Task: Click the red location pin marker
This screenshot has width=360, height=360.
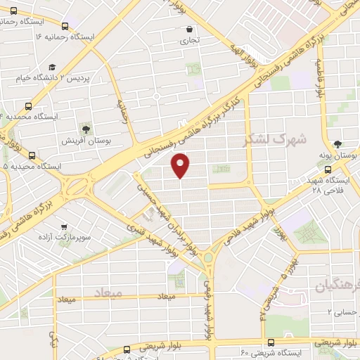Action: click(x=181, y=165)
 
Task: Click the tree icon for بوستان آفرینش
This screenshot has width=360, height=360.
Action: click(x=86, y=129)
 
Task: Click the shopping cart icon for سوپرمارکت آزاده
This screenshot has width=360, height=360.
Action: click(x=64, y=228)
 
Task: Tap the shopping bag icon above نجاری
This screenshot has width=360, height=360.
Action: click(x=191, y=29)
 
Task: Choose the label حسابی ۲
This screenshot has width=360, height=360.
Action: click(x=340, y=311)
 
